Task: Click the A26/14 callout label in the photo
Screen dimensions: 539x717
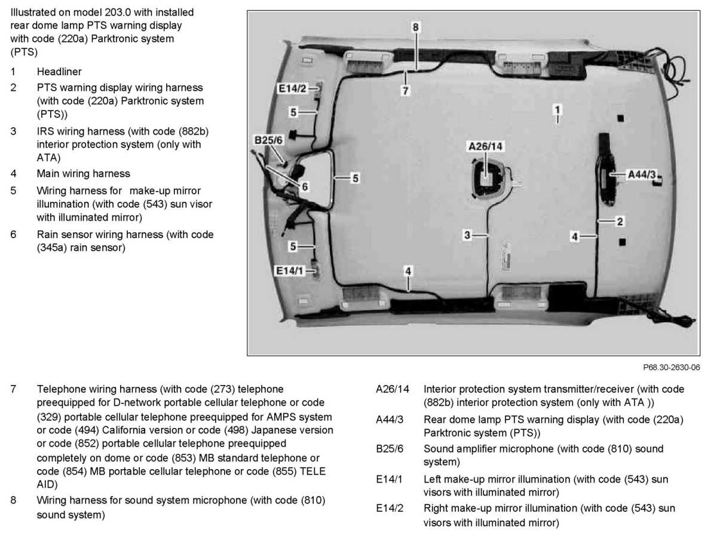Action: (486, 146)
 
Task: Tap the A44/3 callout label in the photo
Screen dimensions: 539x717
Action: (642, 174)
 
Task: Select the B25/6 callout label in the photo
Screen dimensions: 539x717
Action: (268, 140)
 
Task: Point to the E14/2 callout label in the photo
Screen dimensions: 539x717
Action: (292, 88)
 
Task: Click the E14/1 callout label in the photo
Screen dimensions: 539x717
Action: (289, 271)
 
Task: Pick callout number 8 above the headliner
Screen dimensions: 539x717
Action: (416, 27)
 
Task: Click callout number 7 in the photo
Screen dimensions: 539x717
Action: (406, 91)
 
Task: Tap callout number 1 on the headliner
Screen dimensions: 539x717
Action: (557, 110)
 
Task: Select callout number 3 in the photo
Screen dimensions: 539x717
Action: (468, 235)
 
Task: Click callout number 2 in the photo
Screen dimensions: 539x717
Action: (620, 221)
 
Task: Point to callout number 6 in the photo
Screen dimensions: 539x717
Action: (305, 187)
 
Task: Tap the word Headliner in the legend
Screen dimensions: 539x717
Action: (59, 72)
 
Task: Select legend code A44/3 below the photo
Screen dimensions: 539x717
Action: (389, 420)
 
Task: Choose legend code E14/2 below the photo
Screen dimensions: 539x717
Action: (389, 509)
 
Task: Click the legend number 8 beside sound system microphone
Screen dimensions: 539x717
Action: (14, 500)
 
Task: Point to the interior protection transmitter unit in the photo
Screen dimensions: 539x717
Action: (488, 177)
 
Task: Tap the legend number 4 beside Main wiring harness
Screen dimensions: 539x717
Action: (14, 174)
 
